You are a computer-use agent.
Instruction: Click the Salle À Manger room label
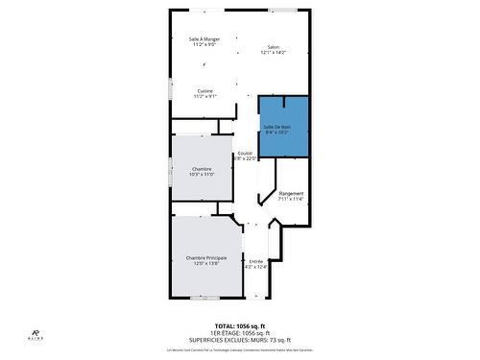[x=204, y=39]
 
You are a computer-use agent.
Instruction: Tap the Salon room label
[x=273, y=47]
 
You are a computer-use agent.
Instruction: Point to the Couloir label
[x=245, y=154]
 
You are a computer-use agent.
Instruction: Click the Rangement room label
[x=291, y=194]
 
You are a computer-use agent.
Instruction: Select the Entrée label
[x=256, y=261]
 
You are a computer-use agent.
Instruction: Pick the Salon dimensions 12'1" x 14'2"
[x=273, y=53]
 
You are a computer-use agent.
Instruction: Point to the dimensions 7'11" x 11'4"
[x=291, y=200]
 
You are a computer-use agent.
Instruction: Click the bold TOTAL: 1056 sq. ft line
[x=239, y=325]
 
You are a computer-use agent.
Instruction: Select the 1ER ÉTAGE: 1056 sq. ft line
[x=239, y=332]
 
